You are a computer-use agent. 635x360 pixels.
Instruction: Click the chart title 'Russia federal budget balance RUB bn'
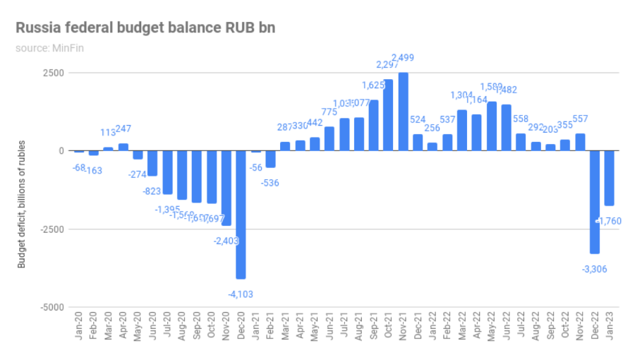(146, 28)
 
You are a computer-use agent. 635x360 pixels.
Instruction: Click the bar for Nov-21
(403, 112)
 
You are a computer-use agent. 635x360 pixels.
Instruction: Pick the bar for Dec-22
(595, 202)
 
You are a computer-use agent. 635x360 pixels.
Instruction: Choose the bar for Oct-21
(388, 115)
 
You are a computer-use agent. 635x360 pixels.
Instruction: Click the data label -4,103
(241, 294)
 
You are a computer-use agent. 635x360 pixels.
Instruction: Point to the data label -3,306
(594, 269)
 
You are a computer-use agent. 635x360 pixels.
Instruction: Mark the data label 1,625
(374, 85)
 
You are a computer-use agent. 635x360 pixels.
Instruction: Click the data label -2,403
(226, 241)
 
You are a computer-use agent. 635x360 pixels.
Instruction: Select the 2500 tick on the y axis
(54, 73)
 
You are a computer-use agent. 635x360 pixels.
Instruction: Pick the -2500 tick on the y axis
(52, 229)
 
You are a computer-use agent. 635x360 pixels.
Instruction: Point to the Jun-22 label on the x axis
(507, 327)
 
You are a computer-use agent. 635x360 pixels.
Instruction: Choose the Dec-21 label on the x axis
(418, 327)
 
